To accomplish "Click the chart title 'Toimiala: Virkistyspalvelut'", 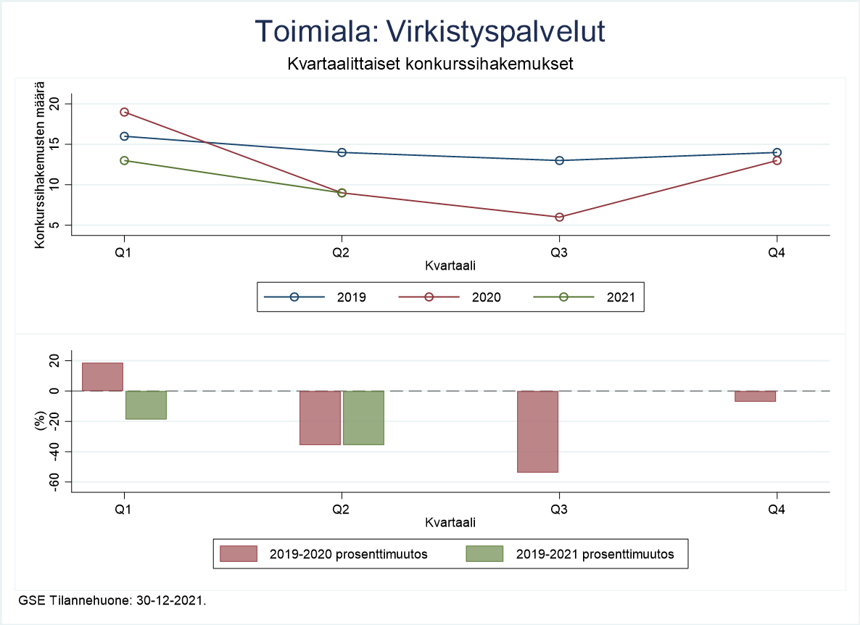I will (430, 32).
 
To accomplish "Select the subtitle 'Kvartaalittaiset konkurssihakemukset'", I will (430, 64).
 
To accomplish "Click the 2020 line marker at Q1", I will (124, 112).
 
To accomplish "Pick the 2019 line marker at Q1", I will (124, 136).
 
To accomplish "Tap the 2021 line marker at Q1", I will (124, 160).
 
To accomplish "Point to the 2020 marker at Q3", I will (559, 217).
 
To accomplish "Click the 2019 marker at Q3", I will (559, 160).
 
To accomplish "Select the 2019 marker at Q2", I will (342, 152).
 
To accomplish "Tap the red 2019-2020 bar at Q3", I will (537, 431).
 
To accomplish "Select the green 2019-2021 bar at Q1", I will (146, 405).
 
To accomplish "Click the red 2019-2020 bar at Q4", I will (755, 396).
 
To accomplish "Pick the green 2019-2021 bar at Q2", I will (363, 418).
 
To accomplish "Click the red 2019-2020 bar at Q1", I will (102, 376).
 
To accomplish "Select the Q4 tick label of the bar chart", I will (777, 510).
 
